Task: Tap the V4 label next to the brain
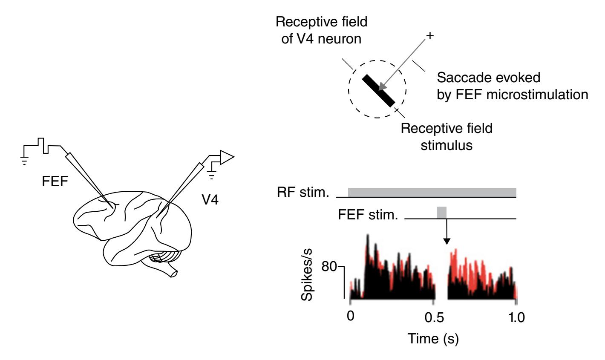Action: [x=210, y=199]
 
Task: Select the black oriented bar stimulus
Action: [x=379, y=90]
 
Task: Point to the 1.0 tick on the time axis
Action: [x=516, y=318]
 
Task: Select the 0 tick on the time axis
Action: [x=350, y=318]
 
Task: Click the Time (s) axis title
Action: [x=433, y=340]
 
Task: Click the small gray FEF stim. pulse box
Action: [x=441, y=212]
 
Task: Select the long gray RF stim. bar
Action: [x=432, y=192]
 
